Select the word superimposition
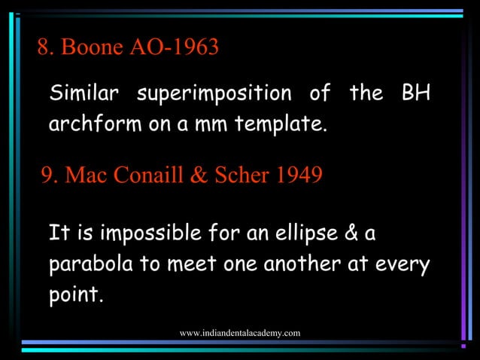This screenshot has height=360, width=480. coord(214,95)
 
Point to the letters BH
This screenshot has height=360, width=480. coord(415,95)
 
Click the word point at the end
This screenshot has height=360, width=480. coord(74,295)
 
